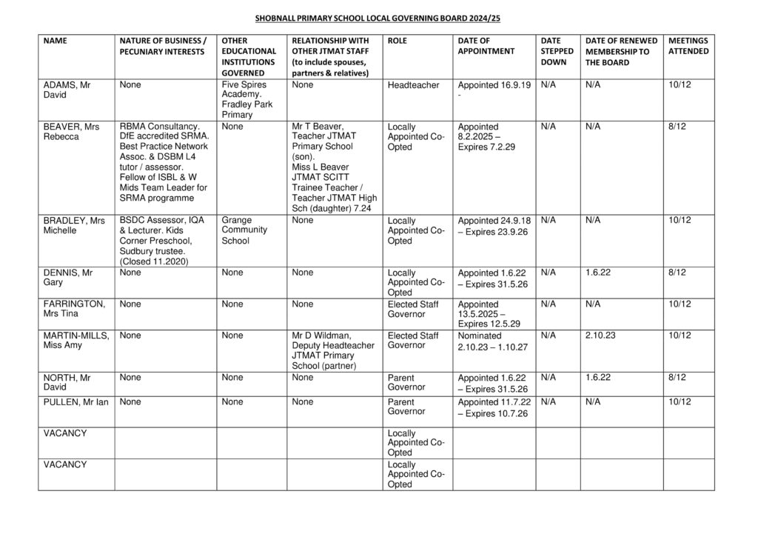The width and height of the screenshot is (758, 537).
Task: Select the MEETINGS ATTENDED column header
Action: click(x=688, y=46)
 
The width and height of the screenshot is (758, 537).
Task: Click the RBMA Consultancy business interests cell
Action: click(x=164, y=162)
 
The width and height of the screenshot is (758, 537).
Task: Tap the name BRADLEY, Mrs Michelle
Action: click(x=74, y=225)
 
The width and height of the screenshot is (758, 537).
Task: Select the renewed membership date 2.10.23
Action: click(x=600, y=336)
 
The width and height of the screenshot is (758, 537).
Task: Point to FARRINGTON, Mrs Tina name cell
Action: click(x=74, y=309)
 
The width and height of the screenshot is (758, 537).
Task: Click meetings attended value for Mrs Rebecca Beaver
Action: click(x=677, y=127)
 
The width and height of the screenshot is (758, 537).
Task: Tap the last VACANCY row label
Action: click(x=66, y=464)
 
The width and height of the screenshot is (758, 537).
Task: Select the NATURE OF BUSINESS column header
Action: click(x=162, y=46)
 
